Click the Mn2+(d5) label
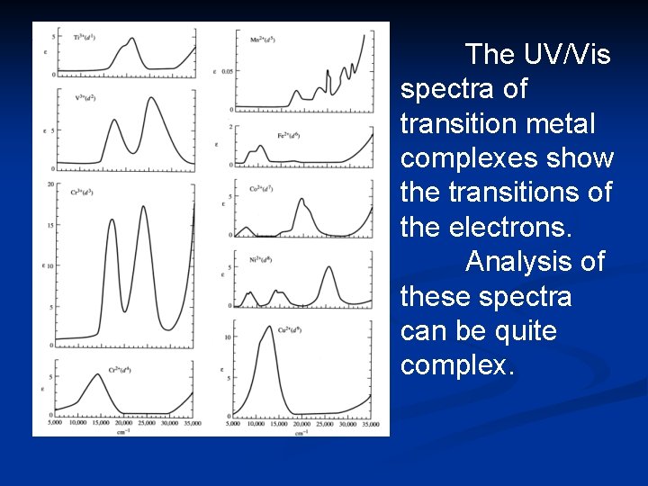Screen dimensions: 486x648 click(x=263, y=39)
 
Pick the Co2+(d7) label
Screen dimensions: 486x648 click(x=264, y=189)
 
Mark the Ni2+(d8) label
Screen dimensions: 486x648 click(x=262, y=258)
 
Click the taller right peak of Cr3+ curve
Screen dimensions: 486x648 click(x=143, y=208)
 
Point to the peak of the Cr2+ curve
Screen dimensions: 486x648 click(x=96, y=374)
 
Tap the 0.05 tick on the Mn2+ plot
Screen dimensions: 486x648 click(x=227, y=70)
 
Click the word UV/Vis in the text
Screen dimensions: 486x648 click(x=537, y=55)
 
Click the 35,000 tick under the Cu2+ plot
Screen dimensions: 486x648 click(x=370, y=423)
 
